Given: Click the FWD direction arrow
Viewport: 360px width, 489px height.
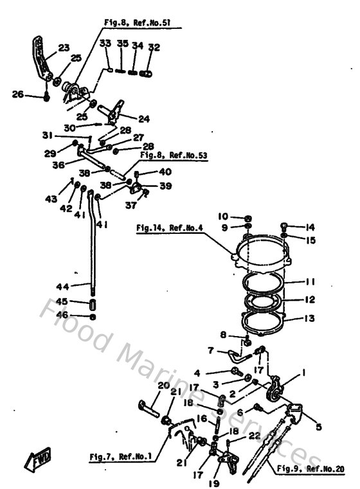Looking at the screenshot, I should point(31,459).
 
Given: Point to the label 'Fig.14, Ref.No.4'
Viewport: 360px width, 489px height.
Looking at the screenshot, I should point(170,227).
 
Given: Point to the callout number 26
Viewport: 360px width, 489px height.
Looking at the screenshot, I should point(18,95).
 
